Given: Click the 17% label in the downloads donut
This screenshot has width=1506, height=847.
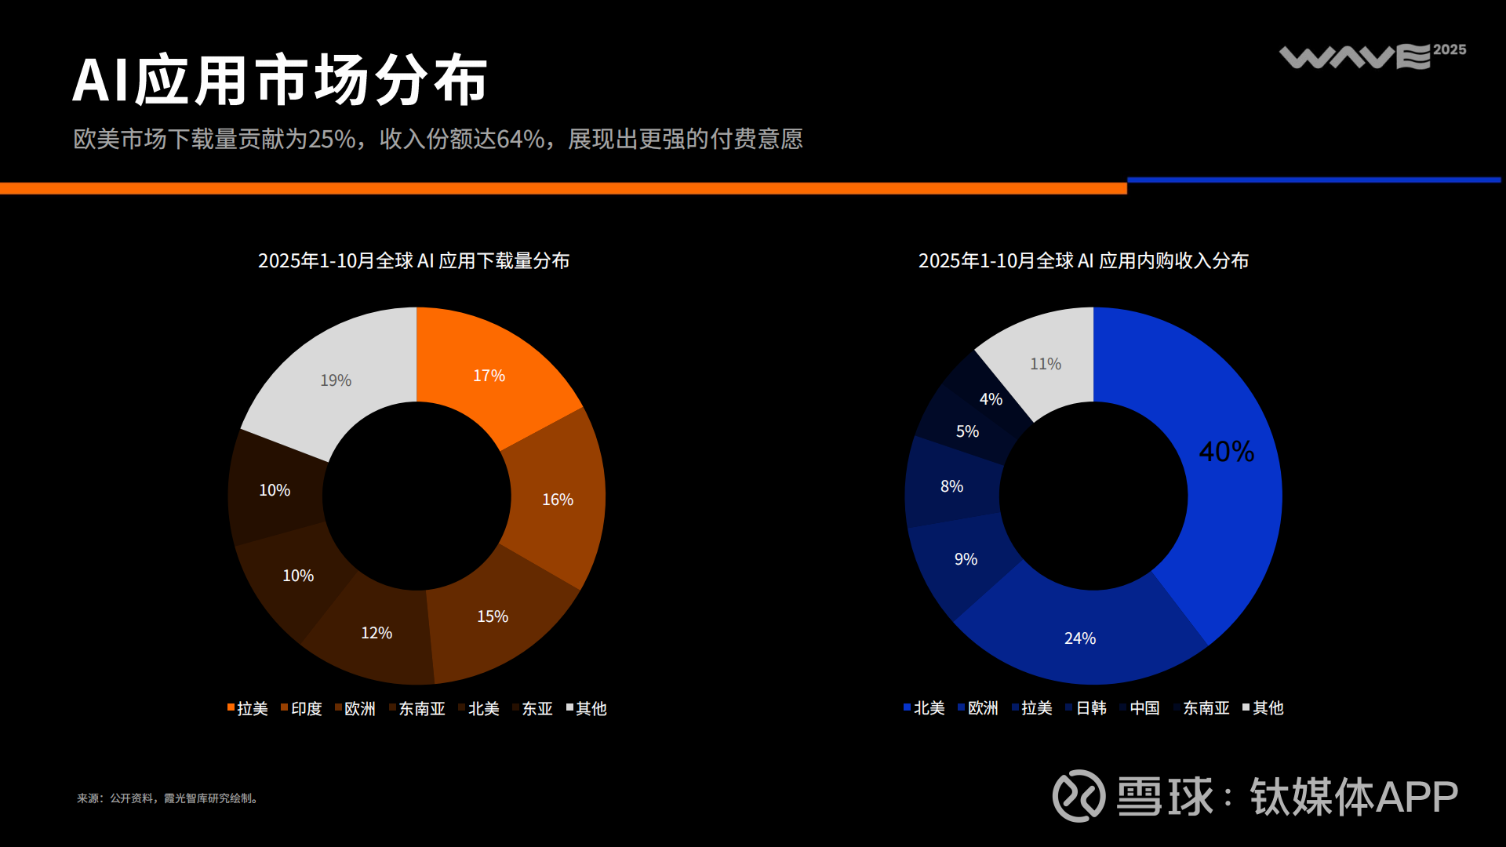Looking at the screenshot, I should [489, 376].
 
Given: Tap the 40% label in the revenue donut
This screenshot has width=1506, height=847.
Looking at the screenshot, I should [1226, 452].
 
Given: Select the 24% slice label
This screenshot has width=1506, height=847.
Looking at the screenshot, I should [1079, 638].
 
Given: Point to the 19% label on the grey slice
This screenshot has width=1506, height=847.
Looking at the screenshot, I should [335, 380].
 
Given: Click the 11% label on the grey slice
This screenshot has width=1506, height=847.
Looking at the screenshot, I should [1045, 364].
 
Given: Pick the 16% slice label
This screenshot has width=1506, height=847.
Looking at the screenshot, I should [557, 500].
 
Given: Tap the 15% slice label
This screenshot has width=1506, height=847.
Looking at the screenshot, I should [492, 616].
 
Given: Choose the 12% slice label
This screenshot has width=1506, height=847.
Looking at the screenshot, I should [376, 633].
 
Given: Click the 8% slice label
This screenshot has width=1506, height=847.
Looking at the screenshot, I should [951, 486].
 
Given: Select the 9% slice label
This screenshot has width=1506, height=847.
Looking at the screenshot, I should [965, 559].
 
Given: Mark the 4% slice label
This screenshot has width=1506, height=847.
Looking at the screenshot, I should [991, 399].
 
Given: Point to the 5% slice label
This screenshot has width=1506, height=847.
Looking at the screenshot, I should [966, 431].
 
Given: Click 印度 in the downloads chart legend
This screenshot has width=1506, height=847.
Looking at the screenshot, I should [306, 709].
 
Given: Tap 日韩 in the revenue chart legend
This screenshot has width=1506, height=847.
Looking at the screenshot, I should [1090, 708].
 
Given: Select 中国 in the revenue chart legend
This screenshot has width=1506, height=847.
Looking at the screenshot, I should [1144, 708].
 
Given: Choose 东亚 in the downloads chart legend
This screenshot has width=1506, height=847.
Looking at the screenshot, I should [537, 709].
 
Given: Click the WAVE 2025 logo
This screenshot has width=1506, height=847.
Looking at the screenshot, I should [1372, 56].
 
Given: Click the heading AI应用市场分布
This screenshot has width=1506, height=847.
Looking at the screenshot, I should [280, 80].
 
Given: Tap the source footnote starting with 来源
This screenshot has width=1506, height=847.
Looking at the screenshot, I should [168, 798].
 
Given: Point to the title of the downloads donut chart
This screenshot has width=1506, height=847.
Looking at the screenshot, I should [413, 260].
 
